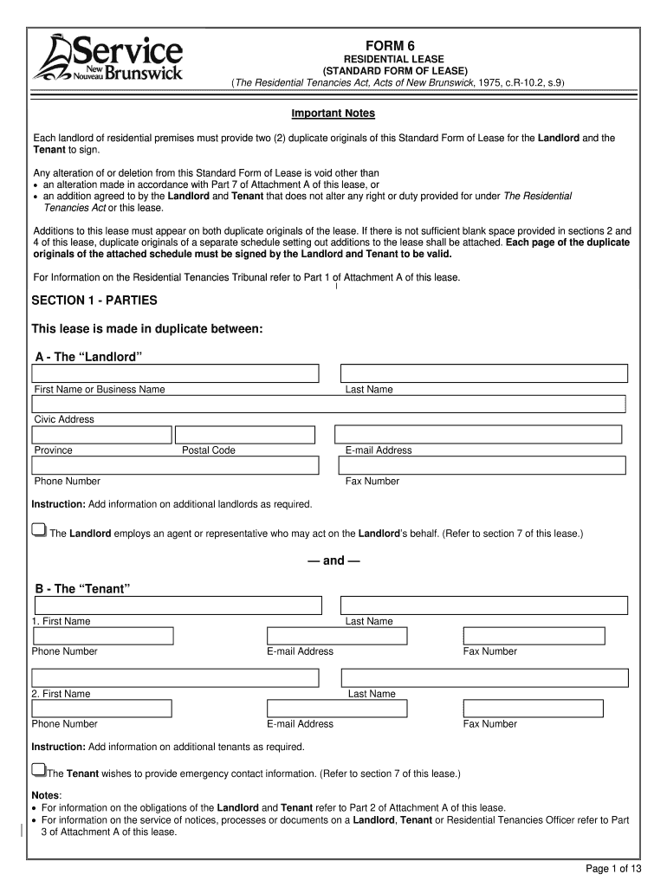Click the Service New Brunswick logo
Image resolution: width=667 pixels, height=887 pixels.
(x=107, y=57)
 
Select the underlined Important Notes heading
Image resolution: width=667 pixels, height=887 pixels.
(x=333, y=113)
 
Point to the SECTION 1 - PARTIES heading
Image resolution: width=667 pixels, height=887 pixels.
(x=94, y=301)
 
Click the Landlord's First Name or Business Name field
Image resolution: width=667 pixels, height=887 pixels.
(x=176, y=373)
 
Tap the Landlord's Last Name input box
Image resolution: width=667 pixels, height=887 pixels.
(x=484, y=373)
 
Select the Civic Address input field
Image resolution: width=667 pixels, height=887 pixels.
(x=329, y=404)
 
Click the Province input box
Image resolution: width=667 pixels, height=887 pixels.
(x=101, y=435)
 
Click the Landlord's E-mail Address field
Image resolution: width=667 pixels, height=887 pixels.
(x=477, y=435)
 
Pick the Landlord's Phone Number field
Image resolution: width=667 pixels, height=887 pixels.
(x=176, y=465)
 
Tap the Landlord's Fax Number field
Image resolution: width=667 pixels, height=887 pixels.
(x=483, y=465)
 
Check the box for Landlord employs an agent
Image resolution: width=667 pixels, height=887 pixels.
(x=39, y=530)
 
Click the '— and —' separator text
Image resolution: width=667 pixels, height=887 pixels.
(x=333, y=560)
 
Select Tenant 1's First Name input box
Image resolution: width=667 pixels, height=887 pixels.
(x=177, y=605)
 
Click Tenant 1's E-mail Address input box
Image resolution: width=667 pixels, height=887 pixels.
(x=337, y=636)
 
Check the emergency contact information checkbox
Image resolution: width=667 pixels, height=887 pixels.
(x=38, y=769)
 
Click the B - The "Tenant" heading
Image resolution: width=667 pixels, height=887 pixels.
(x=82, y=589)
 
